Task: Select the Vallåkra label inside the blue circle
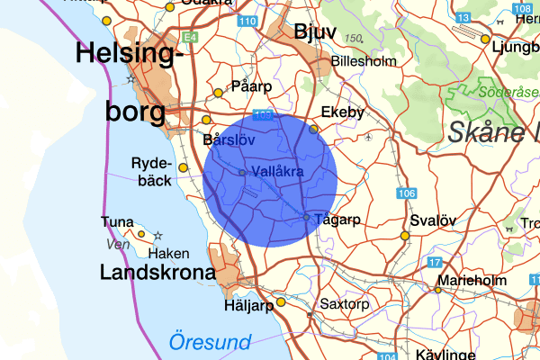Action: point(278,171)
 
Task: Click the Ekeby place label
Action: point(343,112)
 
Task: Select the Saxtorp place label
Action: point(345,304)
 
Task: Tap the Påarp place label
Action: point(251,86)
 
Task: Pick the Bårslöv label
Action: point(230,140)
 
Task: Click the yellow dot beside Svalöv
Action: point(405,236)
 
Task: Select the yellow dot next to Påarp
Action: point(218,93)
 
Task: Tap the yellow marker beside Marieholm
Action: point(439,290)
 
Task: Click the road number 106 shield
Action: point(407,193)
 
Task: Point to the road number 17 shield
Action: point(436,263)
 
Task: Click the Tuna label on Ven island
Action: point(118,222)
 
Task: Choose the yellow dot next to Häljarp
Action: point(281,302)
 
